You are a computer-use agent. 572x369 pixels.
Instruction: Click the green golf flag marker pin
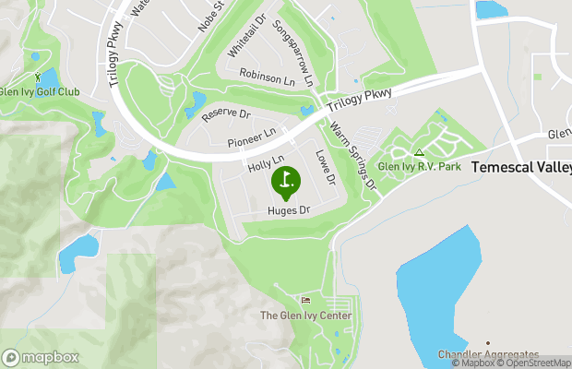(285, 181)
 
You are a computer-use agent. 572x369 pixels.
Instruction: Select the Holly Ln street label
(265, 165)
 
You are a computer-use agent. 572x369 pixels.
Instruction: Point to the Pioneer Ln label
(252, 138)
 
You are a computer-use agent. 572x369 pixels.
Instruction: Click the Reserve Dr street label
(225, 115)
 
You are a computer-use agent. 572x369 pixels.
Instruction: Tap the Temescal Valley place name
(521, 168)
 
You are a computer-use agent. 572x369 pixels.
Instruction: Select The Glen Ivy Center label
(305, 315)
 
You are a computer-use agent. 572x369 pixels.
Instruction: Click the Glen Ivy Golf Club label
(40, 91)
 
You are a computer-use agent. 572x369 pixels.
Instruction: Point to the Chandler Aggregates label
(488, 354)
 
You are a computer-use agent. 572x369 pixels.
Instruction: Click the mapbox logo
(41, 357)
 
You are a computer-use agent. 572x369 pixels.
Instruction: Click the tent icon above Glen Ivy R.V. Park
(419, 153)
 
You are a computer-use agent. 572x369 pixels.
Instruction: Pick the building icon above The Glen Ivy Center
(306, 301)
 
